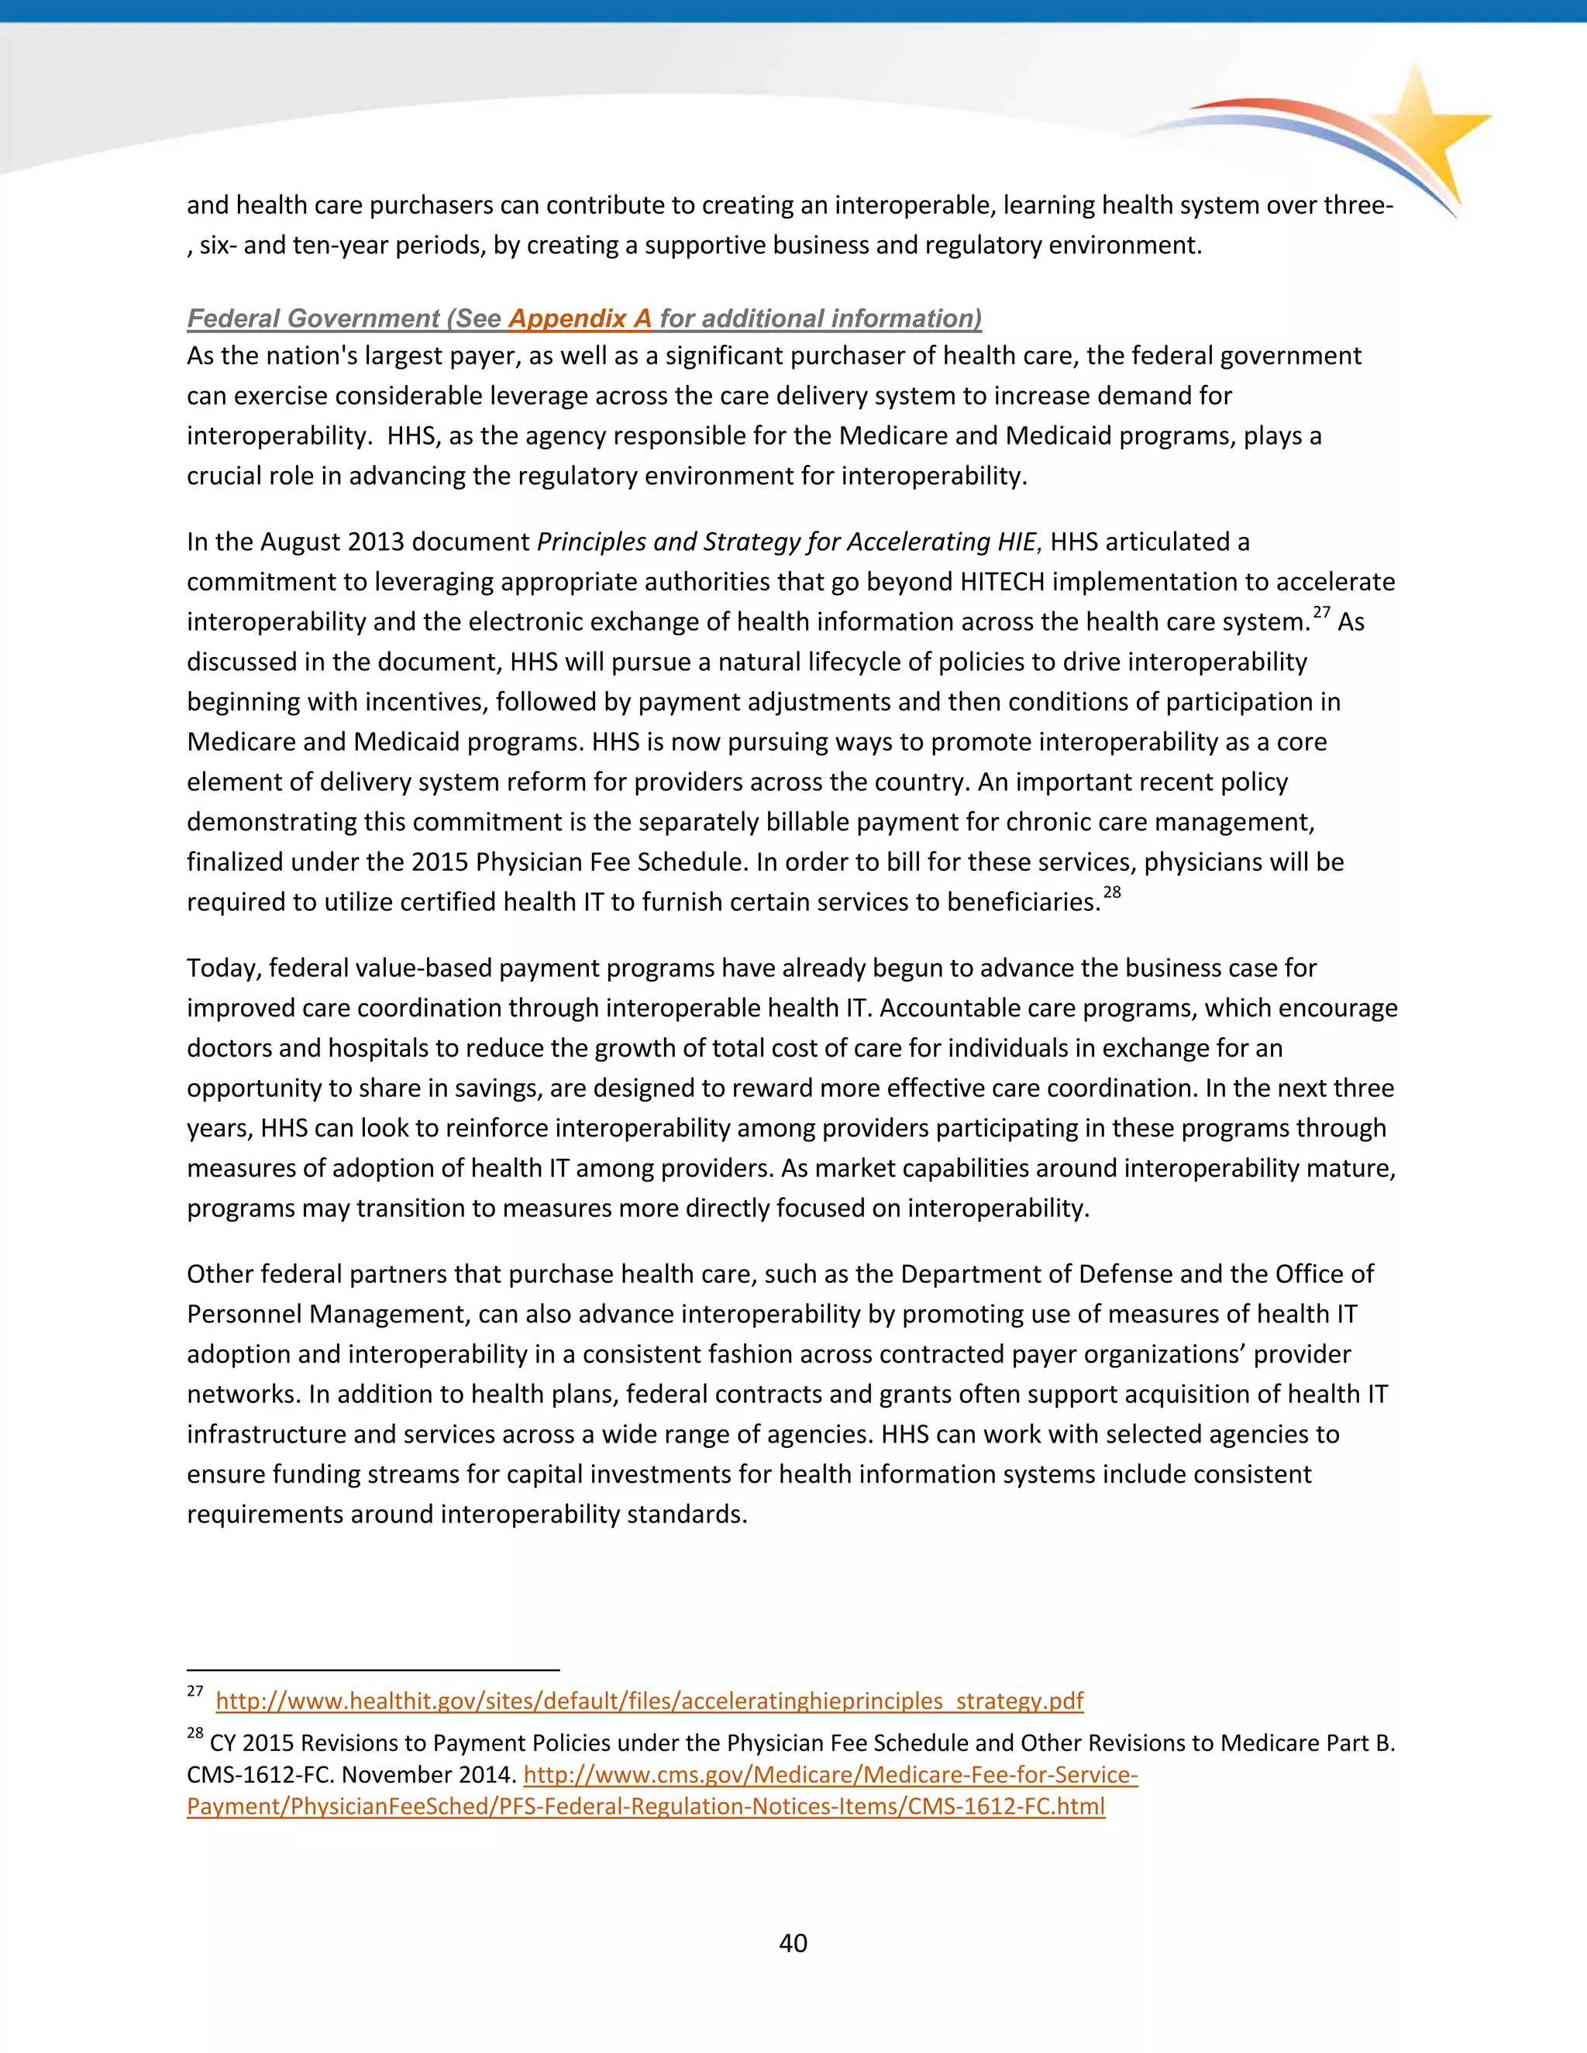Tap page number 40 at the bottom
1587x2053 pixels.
(793, 1943)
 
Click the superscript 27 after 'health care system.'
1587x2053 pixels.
(1321, 613)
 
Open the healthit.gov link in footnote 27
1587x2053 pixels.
(649, 1701)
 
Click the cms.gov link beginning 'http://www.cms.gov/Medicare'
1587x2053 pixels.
(830, 1775)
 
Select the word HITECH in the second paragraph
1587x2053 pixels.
(1002, 582)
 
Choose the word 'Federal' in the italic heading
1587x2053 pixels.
(234, 318)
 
